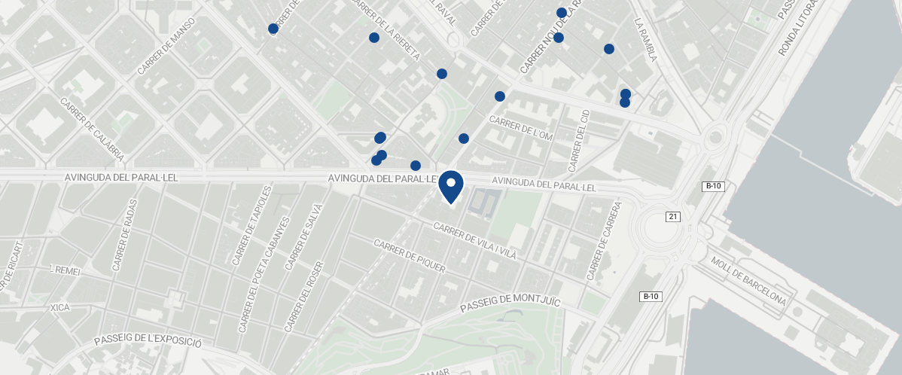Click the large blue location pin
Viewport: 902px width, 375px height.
[450, 186]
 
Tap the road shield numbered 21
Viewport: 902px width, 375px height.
[673, 217]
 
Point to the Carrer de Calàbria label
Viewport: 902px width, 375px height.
[91, 131]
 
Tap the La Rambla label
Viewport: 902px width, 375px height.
[647, 40]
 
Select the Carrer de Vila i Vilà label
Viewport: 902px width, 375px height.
[476, 241]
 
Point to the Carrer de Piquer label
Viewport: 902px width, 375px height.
[410, 256]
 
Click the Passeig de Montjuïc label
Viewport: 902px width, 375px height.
[510, 303]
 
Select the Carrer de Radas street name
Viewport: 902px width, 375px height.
[126, 234]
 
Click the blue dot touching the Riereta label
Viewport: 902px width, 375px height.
[373, 38]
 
